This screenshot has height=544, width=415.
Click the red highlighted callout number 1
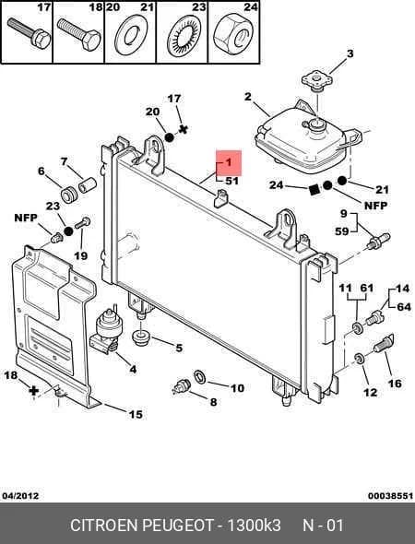point(229,162)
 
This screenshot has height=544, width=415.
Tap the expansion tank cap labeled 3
point(316,81)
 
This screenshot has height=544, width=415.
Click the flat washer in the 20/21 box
point(131,35)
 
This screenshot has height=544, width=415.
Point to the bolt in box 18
point(79,35)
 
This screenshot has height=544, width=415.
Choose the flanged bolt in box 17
point(30,33)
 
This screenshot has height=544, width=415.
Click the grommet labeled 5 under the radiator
point(140,337)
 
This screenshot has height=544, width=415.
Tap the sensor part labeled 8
point(182,387)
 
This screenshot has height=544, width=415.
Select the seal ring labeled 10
point(200,377)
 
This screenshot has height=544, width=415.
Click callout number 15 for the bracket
point(136,414)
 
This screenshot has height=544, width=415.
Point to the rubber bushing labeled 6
point(68,195)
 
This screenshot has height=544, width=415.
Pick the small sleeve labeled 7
point(87,184)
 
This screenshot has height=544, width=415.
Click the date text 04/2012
point(20,496)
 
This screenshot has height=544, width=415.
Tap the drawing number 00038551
point(390,496)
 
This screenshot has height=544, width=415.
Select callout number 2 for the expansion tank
point(247,97)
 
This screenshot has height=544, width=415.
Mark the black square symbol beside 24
point(314,189)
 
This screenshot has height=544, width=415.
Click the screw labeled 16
point(384,344)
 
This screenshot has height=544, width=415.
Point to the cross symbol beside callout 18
point(33,391)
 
